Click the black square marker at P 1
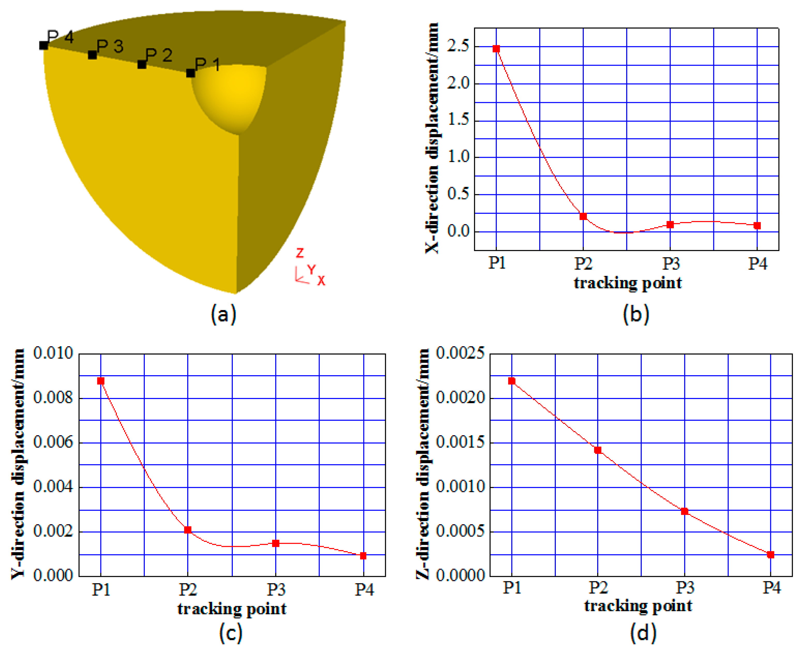[191, 73]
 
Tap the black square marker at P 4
[44, 45]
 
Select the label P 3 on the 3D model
[110, 46]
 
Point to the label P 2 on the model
[159, 55]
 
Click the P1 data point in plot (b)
[496, 49]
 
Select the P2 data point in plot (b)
[583, 216]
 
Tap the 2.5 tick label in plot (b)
[458, 46]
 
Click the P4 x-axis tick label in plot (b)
[758, 263]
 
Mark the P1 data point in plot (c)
[101, 381]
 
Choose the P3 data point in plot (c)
[275, 543]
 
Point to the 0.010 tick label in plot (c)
[53, 353]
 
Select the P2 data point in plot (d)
[598, 450]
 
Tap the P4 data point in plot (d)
[770, 555]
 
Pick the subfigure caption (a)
[223, 314]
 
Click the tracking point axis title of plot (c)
[232, 609]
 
